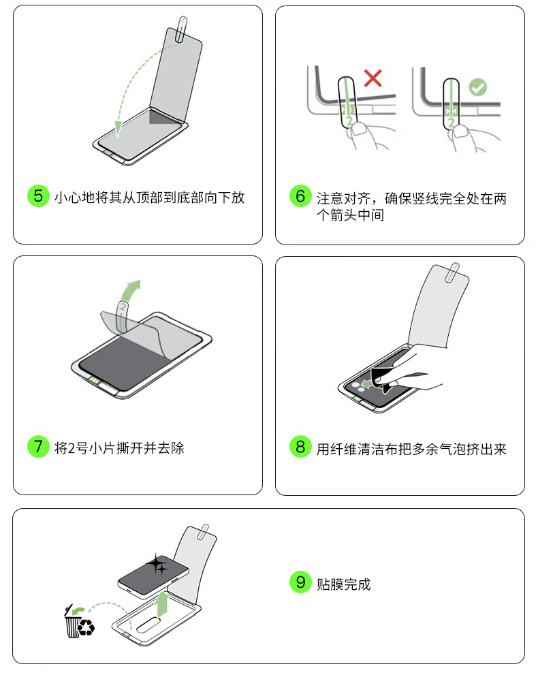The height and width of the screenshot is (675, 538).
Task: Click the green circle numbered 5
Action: click(38, 196)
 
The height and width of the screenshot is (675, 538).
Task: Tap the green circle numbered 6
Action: click(300, 196)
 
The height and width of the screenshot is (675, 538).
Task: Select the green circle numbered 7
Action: click(38, 446)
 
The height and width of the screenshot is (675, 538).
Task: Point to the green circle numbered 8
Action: click(300, 446)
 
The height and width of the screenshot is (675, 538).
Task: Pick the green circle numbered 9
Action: click(300, 582)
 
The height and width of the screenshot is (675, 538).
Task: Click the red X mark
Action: click(373, 78)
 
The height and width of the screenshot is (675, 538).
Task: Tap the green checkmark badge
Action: click(478, 87)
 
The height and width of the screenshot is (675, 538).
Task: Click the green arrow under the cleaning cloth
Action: click(366, 383)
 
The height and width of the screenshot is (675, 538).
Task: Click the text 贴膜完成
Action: click(343, 584)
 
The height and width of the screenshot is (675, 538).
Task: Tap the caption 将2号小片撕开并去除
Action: click(119, 448)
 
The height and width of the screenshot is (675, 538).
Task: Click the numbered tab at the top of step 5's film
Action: click(183, 29)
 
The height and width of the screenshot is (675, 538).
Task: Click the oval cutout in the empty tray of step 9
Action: click(148, 625)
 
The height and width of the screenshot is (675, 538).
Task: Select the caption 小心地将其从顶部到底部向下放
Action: click(149, 197)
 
